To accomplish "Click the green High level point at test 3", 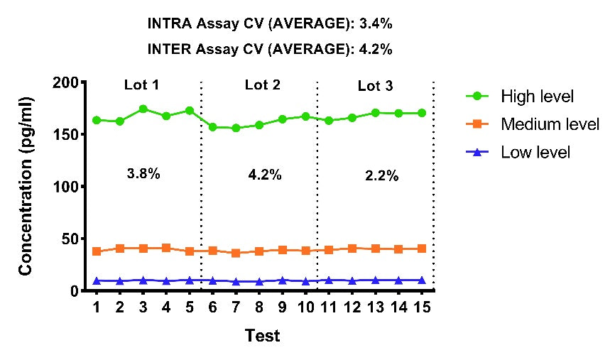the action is tap(143, 109).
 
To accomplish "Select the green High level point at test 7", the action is tap(236, 128).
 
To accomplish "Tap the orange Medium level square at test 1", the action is tap(97, 251).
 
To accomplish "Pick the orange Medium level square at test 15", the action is tap(422, 249).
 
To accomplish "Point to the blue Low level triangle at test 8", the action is tap(259, 282).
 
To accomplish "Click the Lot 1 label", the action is tap(141, 84).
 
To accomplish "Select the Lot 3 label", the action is tap(376, 86).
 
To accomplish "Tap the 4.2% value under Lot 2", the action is tap(265, 175).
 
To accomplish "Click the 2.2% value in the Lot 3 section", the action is tap(381, 175).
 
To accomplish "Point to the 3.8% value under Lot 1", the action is tap(143, 173).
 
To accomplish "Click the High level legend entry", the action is tap(520, 96).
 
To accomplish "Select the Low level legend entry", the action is tap(518, 152).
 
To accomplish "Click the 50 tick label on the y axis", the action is tap(70, 239).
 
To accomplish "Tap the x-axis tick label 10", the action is tap(305, 307).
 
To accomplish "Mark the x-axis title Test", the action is tap(262, 336).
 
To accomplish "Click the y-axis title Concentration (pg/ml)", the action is tap(26, 186).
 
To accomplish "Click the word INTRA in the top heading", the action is tap(170, 24).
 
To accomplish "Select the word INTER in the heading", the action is tap(170, 50).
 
